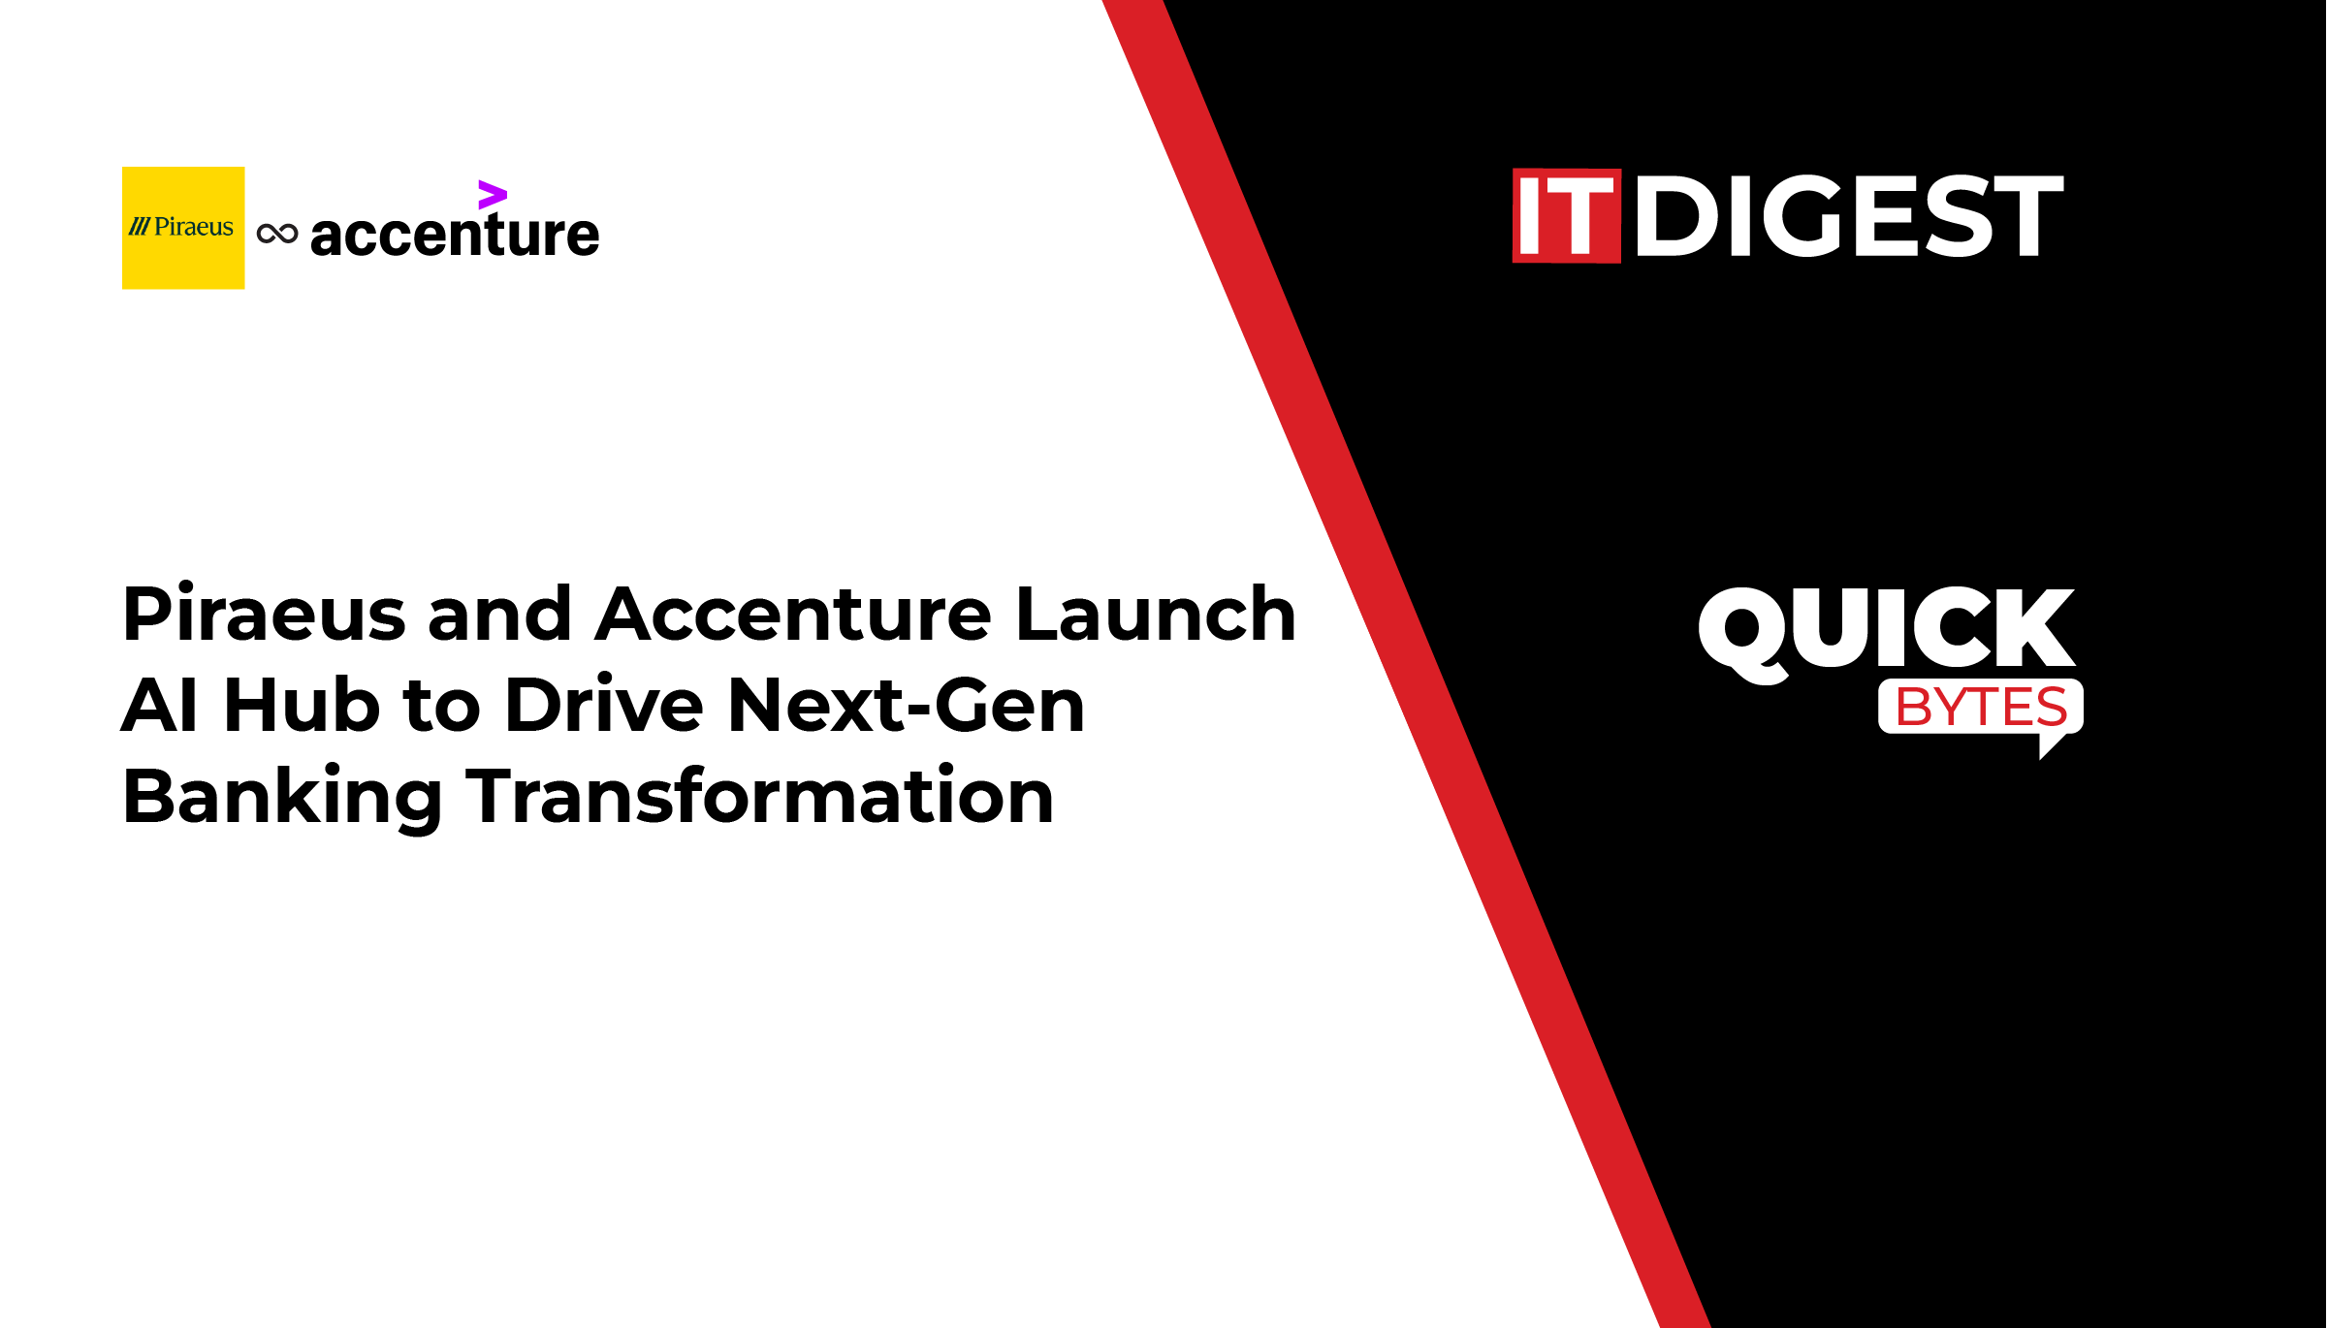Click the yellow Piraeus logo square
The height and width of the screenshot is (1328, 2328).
(x=183, y=228)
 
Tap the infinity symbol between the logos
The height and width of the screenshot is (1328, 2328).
(x=277, y=234)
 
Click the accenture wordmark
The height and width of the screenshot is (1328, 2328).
(x=455, y=235)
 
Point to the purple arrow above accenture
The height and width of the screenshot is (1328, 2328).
(x=493, y=195)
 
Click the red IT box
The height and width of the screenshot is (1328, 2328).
(x=1567, y=216)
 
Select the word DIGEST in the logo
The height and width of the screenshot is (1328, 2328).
(x=1850, y=216)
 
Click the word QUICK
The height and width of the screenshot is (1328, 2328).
(x=1887, y=632)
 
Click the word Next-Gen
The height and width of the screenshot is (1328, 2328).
(x=906, y=705)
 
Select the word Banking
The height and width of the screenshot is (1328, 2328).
(x=282, y=797)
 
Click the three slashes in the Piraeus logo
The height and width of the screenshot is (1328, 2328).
(x=140, y=227)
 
